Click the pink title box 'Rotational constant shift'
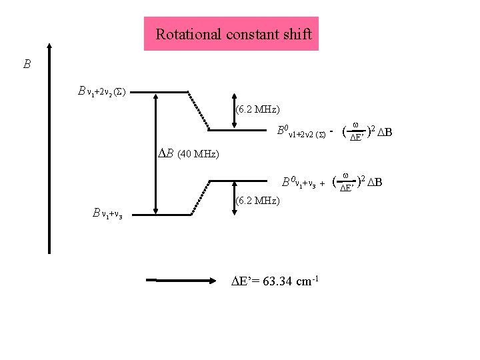231,34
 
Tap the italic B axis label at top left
27,65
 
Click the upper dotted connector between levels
199,110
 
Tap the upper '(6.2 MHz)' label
257,109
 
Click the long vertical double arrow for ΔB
155,152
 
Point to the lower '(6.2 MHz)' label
257,200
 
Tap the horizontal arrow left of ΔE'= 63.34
183,281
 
